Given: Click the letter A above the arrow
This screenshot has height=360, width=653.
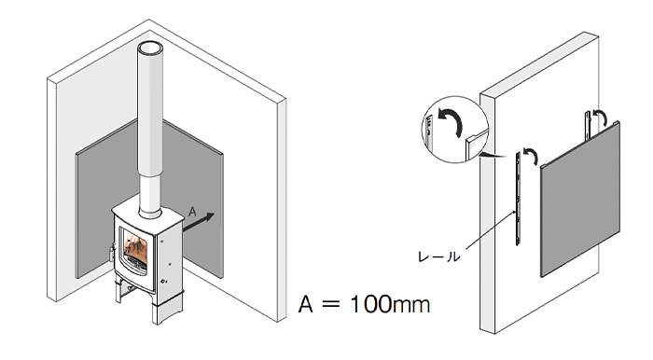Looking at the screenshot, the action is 192,212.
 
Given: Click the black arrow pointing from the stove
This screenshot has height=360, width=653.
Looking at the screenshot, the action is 198,222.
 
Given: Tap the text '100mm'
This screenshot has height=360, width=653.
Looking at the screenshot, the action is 389,304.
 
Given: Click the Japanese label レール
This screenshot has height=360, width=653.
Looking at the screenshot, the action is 439,256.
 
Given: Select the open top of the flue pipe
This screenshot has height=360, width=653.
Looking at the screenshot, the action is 149,47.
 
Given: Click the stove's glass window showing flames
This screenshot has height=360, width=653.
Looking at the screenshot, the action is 135,251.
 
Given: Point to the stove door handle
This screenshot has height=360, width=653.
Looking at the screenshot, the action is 112,253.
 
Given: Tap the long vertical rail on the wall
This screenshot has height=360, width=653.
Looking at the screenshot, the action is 518,198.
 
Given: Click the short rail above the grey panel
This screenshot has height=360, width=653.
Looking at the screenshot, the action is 588,125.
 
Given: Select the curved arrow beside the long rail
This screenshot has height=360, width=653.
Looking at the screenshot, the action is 531,156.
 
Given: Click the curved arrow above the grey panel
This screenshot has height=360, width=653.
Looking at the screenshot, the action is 600,118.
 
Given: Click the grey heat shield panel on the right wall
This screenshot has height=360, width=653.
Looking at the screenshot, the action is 580,199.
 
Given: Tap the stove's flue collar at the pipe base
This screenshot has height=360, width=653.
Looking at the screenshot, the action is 150,213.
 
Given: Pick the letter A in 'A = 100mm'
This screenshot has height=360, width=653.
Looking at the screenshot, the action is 305,304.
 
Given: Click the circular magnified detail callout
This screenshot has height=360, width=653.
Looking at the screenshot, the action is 455,129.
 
